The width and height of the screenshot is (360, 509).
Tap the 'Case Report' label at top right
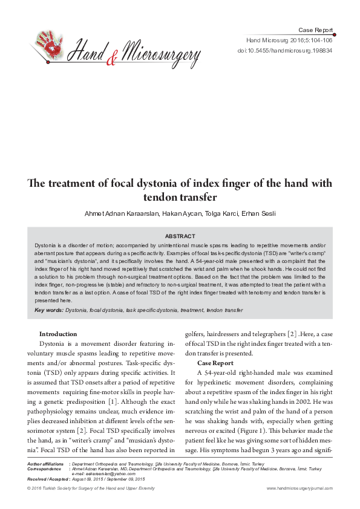[x=316, y=30]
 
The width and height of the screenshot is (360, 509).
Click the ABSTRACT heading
[x=180, y=236]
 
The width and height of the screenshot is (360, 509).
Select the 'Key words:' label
[x=48, y=310]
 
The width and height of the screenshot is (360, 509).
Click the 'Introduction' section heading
[x=58, y=334]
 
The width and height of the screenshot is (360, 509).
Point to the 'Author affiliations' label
[x=45, y=463]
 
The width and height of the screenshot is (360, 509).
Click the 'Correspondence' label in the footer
[x=44, y=468]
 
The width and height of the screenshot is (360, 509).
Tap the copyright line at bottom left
[x=91, y=488]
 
